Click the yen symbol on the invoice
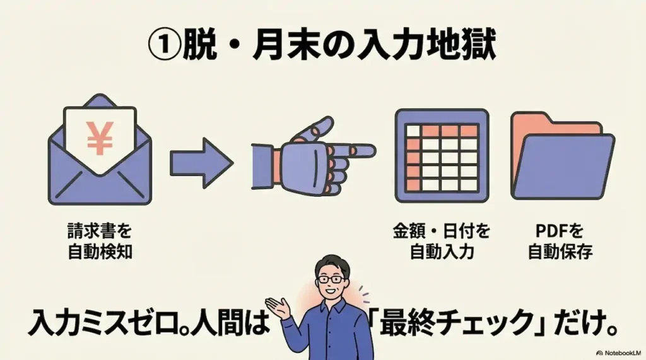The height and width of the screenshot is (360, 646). [100, 138]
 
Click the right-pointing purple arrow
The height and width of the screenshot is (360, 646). [201, 163]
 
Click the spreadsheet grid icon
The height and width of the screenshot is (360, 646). [442, 156]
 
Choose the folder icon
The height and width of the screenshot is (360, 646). [562, 156]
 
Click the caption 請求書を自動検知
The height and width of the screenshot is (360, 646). [100, 241]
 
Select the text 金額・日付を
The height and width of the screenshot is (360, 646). [441, 231]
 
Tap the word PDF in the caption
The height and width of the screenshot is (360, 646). [551, 231]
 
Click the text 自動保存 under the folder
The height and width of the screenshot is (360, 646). [560, 252]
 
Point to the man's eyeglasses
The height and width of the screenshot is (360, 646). [331, 279]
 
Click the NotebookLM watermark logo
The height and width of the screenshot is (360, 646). [599, 353]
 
